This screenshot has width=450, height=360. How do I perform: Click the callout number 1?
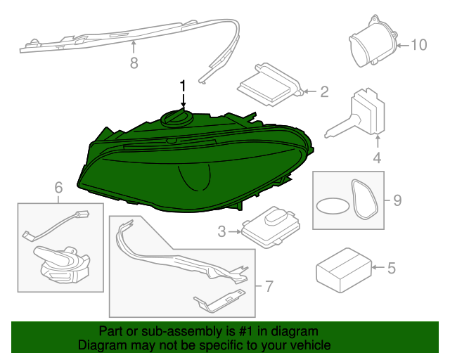tap(183, 86)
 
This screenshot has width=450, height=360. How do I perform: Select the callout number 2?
tap(324, 91)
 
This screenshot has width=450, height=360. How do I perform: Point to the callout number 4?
tap(377, 158)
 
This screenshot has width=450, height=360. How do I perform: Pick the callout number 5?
tap(392, 268)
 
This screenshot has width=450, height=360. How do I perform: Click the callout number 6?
tap(58, 187)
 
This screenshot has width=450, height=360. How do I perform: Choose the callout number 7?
tap(267, 286)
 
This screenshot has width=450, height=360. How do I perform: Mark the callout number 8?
tap(134, 63)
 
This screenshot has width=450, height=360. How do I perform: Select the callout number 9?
tap(397, 202)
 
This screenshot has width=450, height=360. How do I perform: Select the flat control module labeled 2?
tap(269, 85)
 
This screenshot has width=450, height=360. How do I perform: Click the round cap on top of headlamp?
tap(176, 117)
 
